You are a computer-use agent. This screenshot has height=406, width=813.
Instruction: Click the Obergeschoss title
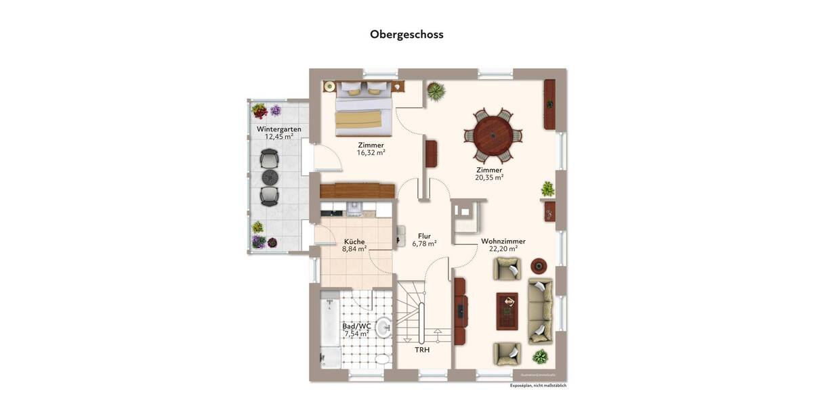(x=406, y=34)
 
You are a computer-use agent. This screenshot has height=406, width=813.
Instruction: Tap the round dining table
(x=493, y=135)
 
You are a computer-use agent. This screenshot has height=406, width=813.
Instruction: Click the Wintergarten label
(x=279, y=129)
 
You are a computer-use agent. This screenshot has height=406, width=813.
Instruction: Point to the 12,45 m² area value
(x=279, y=137)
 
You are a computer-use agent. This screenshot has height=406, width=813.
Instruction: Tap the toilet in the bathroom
(x=383, y=359)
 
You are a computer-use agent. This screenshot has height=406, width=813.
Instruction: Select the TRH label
(x=422, y=350)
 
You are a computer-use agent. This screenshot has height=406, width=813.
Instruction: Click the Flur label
(x=424, y=236)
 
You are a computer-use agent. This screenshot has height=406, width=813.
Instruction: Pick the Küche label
(x=354, y=242)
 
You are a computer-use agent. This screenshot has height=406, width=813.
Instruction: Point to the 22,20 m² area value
(x=503, y=248)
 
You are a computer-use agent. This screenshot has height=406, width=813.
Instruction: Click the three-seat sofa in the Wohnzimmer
(x=541, y=311)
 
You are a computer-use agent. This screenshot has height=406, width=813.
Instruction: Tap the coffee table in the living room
(x=507, y=311)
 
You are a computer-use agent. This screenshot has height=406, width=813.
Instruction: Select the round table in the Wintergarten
(x=270, y=177)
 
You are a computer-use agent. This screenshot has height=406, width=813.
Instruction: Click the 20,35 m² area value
(x=489, y=178)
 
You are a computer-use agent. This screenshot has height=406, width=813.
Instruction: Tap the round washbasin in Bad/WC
(x=383, y=329)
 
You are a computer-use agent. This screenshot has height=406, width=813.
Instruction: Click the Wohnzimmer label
(x=503, y=241)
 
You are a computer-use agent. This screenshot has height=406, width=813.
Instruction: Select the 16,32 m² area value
(x=371, y=153)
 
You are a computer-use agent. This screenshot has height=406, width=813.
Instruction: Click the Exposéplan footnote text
(x=538, y=385)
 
